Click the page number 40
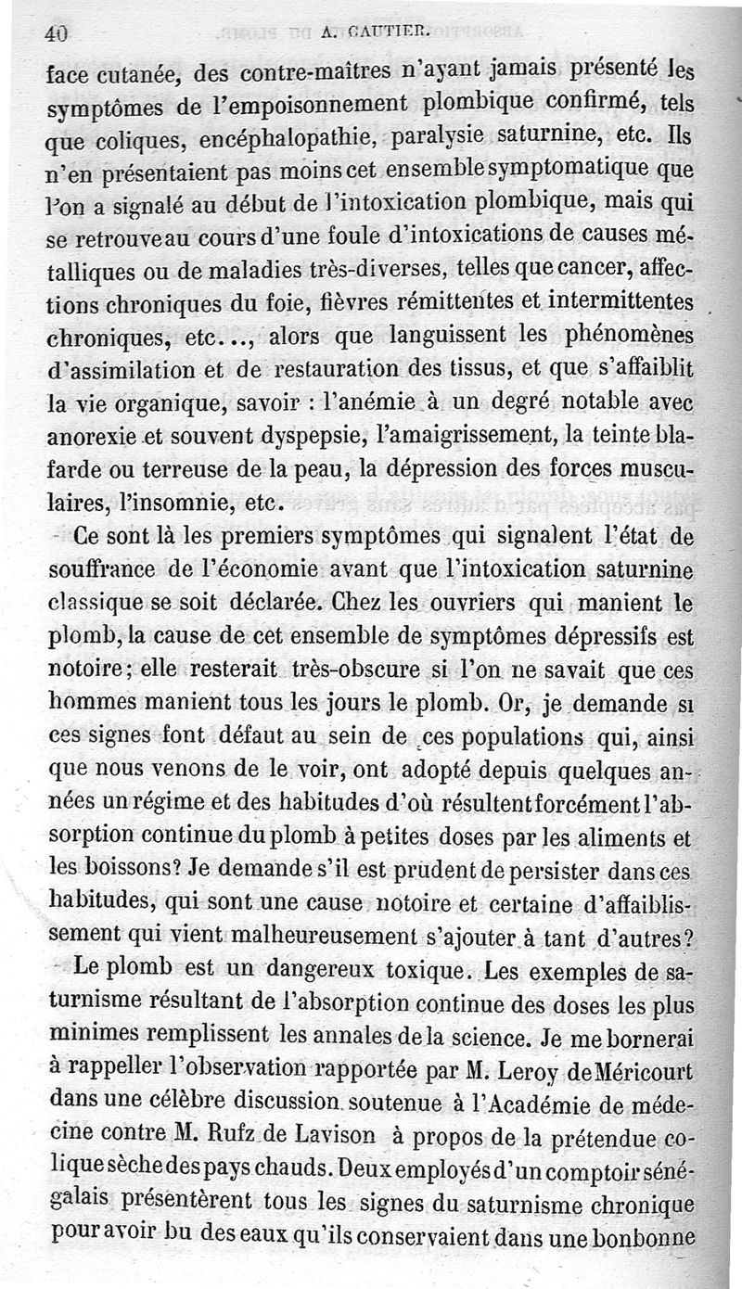pyautogui.click(x=57, y=33)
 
